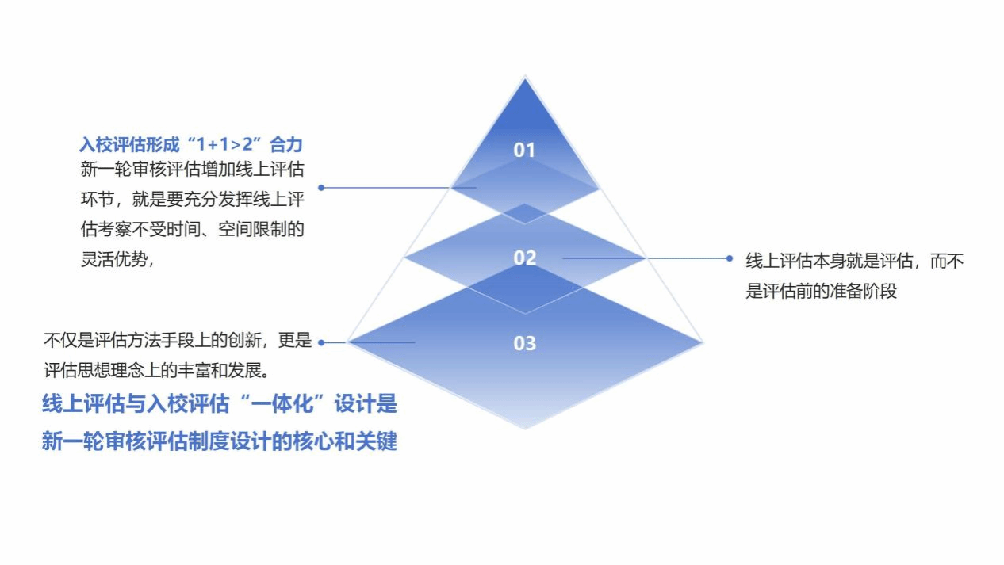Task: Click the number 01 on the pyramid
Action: tap(524, 150)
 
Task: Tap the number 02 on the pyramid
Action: tap(524, 258)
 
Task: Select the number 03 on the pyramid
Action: tap(524, 343)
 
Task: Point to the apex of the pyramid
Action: tap(525, 77)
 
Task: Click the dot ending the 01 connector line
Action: tap(321, 188)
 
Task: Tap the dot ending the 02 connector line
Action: tap(730, 258)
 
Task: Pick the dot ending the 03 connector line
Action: tap(321, 342)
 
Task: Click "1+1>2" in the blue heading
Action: tap(229, 144)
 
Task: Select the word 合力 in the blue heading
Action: tap(286, 144)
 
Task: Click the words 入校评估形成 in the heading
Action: tap(129, 144)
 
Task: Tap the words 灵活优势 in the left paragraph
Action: tap(114, 259)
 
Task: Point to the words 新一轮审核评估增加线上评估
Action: tap(192, 170)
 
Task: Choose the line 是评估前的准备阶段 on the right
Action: tap(821, 291)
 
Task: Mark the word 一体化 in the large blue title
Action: tap(282, 403)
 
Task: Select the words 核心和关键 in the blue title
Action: tap(345, 441)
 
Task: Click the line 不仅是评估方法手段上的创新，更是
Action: tap(178, 340)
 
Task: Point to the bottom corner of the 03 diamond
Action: tap(525, 429)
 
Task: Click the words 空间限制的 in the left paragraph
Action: tap(261, 229)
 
